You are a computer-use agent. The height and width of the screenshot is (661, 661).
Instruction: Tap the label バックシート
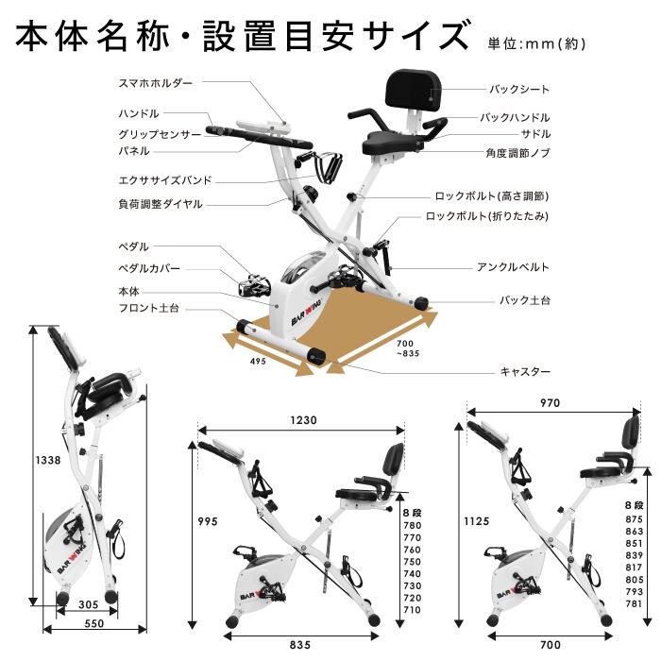518,90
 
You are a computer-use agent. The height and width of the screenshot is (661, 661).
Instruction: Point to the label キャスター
524,372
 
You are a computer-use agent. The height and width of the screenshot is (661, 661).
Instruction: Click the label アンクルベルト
513,267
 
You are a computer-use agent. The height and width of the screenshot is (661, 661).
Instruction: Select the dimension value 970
550,402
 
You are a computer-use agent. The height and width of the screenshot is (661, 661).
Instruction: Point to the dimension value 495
258,361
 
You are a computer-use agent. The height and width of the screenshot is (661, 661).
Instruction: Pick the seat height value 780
412,525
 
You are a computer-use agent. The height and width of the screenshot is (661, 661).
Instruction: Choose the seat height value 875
634,519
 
